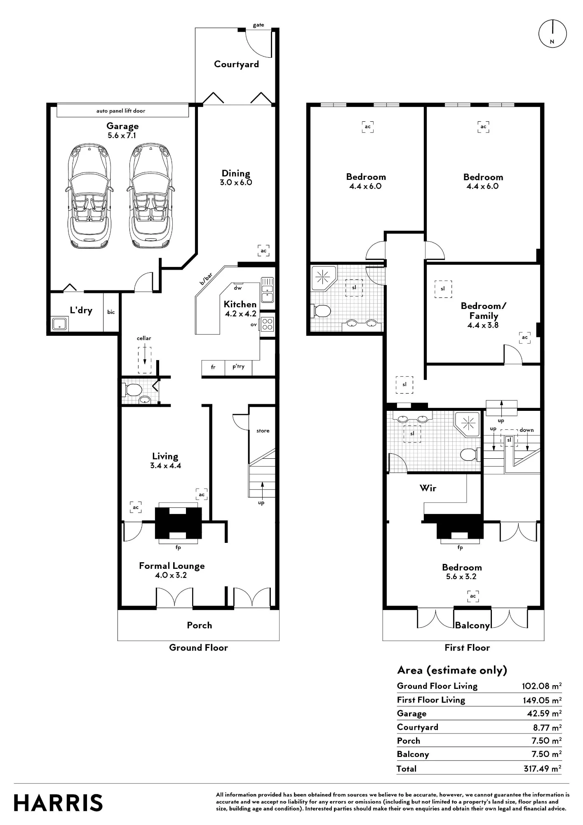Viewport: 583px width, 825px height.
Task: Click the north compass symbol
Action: click(x=552, y=33)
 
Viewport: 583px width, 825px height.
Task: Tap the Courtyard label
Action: click(x=237, y=64)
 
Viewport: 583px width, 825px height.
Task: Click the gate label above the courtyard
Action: click(x=259, y=25)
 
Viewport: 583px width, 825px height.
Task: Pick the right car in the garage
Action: click(x=149, y=196)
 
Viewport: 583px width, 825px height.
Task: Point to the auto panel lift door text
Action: click(x=121, y=111)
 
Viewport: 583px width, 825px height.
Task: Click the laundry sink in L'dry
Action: click(x=60, y=324)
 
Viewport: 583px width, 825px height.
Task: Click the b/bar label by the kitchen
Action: click(x=206, y=279)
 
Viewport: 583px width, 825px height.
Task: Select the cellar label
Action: click(x=144, y=338)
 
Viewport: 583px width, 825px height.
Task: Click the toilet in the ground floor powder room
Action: click(x=132, y=389)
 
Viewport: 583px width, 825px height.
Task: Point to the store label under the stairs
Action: click(x=263, y=431)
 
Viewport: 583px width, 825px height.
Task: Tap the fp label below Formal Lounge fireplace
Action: click(x=178, y=548)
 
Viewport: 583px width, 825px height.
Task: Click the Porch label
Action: click(x=200, y=625)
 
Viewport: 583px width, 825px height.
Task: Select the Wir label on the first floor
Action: click(x=428, y=488)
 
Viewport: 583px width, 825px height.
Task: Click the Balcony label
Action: click(x=472, y=626)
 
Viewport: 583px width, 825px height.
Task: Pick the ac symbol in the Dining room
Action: click(x=263, y=250)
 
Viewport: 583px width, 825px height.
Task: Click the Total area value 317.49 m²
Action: click(x=542, y=769)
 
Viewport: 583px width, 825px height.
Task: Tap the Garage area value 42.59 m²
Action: click(x=544, y=714)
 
